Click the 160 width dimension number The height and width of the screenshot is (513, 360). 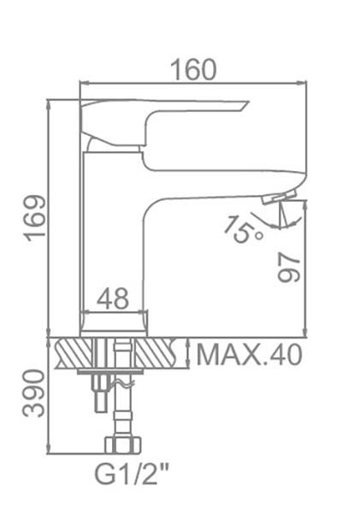[x=194, y=69]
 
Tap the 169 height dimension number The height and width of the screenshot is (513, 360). [x=36, y=218]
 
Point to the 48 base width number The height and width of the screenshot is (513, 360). [x=113, y=298]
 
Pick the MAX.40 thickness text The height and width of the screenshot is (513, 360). [x=249, y=355]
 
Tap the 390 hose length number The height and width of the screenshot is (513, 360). [x=33, y=393]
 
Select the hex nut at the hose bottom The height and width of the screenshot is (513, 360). [x=123, y=445]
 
